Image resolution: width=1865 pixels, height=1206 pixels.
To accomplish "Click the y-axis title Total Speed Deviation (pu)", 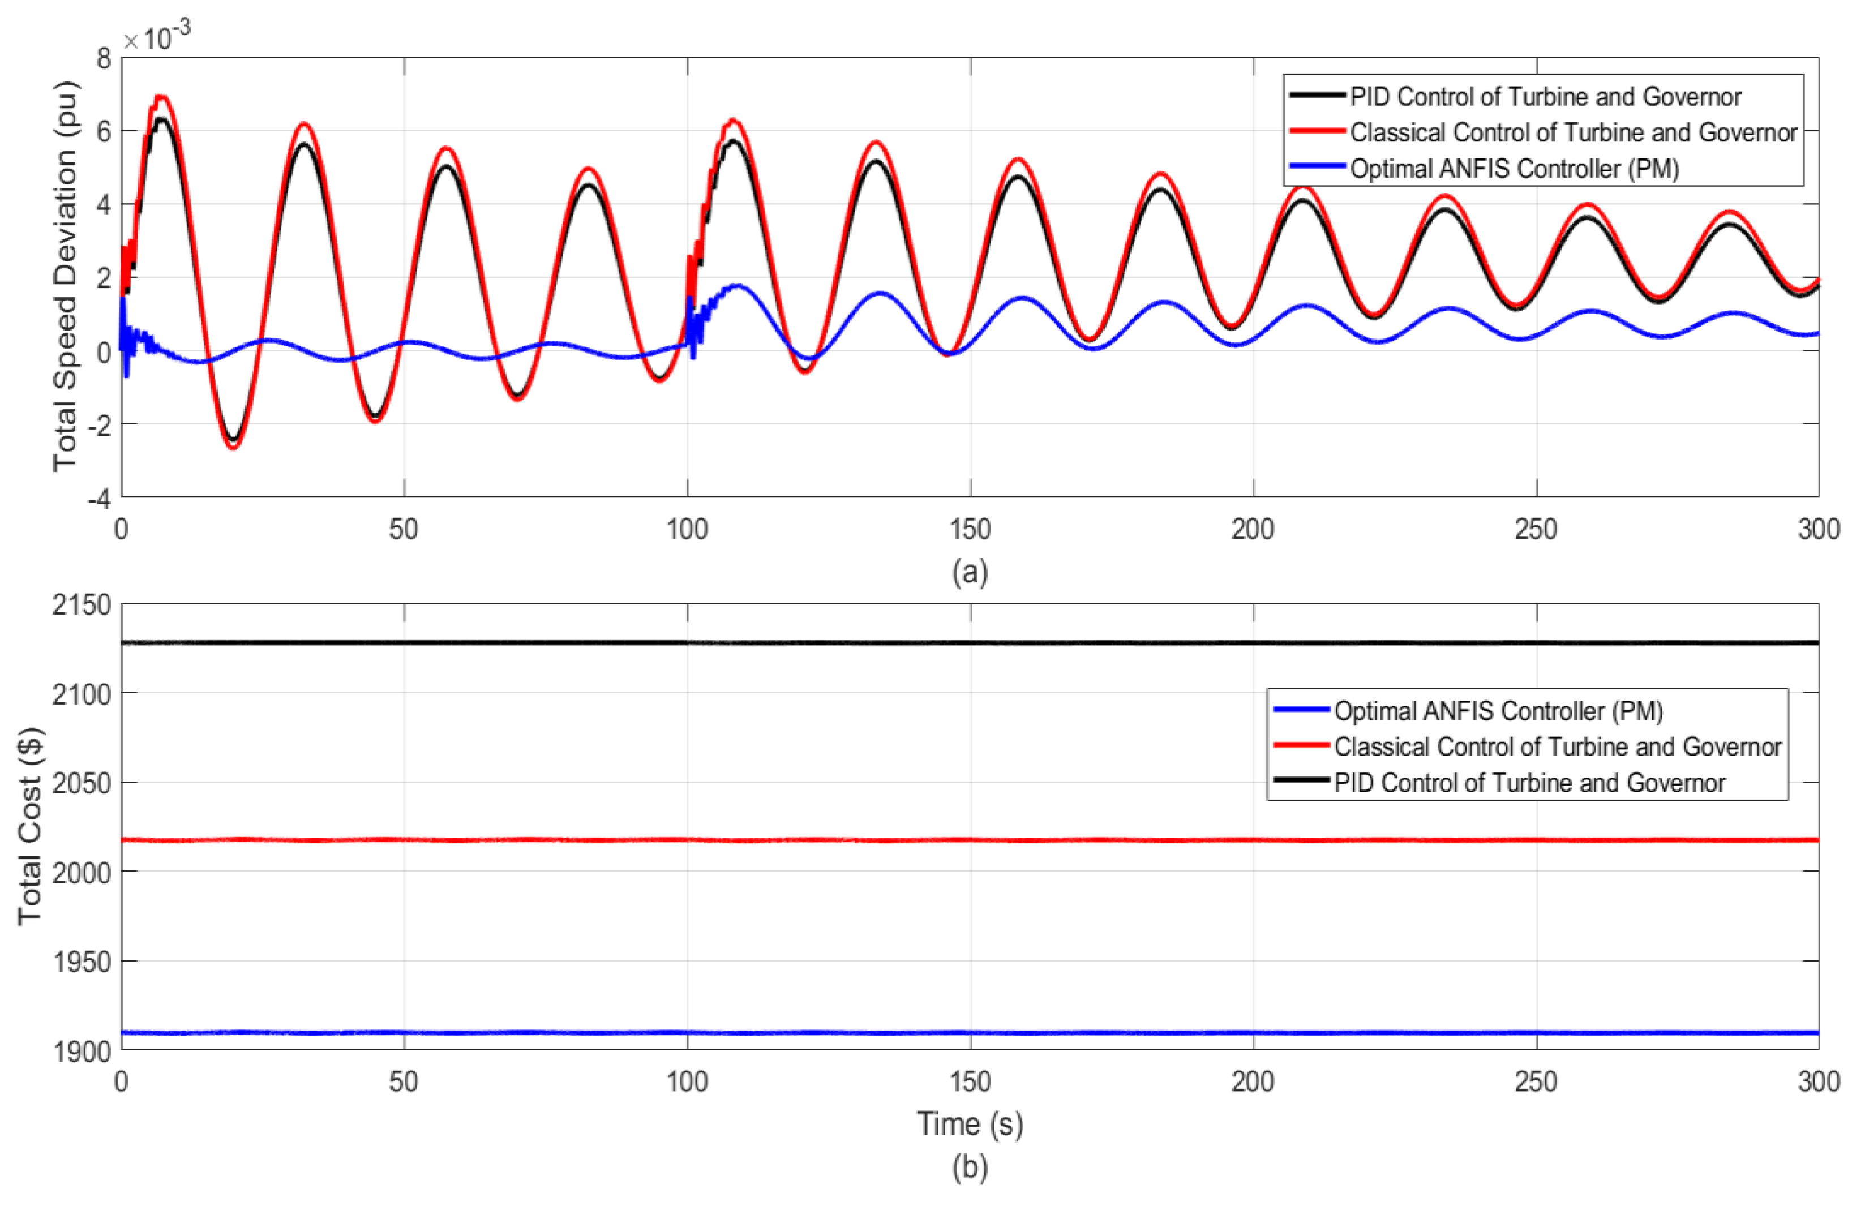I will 66,276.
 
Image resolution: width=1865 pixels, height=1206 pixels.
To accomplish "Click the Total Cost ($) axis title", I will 30,826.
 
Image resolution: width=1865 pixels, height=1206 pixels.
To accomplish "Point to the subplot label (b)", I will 970,1167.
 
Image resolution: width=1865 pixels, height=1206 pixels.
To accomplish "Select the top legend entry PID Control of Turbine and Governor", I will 1545,96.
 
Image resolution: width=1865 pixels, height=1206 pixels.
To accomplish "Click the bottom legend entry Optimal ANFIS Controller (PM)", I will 1498,710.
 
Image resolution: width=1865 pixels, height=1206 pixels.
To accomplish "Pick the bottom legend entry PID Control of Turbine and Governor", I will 1529,782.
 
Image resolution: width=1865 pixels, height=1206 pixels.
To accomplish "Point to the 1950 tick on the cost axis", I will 82,961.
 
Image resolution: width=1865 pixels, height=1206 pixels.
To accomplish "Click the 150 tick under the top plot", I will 970,529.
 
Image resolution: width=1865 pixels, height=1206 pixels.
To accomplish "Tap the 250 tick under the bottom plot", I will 1535,1081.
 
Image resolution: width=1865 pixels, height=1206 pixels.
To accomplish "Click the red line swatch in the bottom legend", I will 1300,745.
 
